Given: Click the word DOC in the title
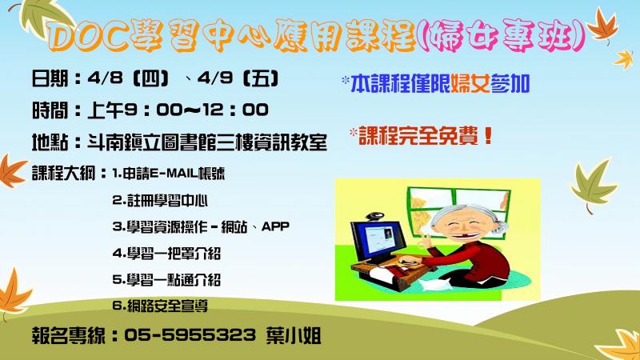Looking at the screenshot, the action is pyautogui.click(x=86, y=37).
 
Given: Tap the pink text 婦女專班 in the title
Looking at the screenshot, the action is pyautogui.click(x=502, y=35).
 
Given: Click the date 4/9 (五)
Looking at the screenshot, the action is pyautogui.click(x=238, y=78).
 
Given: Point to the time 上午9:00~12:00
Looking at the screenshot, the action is pyautogui.click(x=178, y=110).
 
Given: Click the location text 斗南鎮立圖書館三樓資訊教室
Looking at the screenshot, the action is pyautogui.click(x=207, y=142).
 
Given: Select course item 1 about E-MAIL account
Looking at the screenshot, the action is pyautogui.click(x=169, y=174).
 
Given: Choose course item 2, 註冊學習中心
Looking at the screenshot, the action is pyautogui.click(x=160, y=200).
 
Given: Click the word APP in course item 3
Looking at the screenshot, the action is pyautogui.click(x=275, y=226).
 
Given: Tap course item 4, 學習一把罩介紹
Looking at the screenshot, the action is pyautogui.click(x=166, y=253).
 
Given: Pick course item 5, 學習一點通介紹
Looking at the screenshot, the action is pyautogui.click(x=166, y=279).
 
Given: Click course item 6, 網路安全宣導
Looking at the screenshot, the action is pyautogui.click(x=160, y=306).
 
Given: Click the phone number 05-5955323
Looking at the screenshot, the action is pyautogui.click(x=190, y=335).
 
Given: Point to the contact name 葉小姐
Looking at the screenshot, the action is pyautogui.click(x=294, y=335).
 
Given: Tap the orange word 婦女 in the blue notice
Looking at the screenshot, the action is pyautogui.click(x=470, y=84).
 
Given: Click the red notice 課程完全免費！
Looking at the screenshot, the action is pyautogui.click(x=426, y=135).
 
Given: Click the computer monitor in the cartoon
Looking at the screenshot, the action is pyautogui.click(x=378, y=242).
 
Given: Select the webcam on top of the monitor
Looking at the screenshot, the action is pyautogui.click(x=374, y=216).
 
